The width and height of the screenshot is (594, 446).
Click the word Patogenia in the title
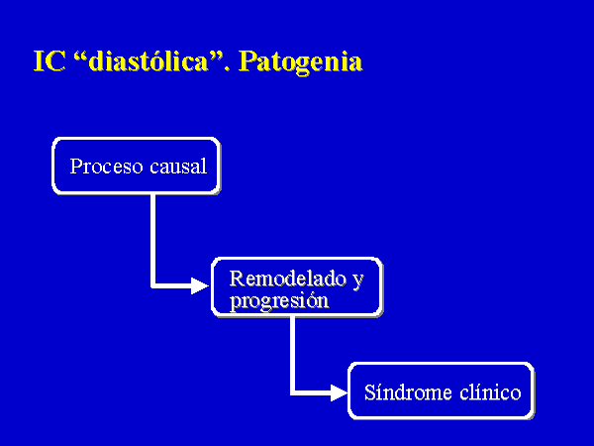(300, 62)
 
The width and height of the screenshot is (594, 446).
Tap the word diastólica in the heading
(148, 60)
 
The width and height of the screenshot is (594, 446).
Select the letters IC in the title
(49, 61)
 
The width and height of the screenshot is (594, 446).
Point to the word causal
(178, 167)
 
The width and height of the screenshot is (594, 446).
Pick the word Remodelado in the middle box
(288, 279)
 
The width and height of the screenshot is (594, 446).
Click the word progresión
(279, 301)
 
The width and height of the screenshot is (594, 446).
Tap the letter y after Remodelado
(358, 281)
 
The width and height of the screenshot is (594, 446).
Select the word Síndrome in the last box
(408, 392)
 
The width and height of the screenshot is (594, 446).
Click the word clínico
(491, 392)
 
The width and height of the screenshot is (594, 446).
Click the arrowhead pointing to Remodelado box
(200, 286)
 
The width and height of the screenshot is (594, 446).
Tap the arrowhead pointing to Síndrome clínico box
(339, 392)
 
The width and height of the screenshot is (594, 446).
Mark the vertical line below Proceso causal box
(153, 241)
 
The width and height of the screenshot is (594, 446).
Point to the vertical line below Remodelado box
(292, 355)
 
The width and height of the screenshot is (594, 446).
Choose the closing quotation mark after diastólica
(216, 56)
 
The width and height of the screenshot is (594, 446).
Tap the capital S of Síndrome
(370, 392)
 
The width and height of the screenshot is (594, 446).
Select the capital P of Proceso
(75, 167)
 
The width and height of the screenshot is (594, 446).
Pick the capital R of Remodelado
(238, 279)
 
